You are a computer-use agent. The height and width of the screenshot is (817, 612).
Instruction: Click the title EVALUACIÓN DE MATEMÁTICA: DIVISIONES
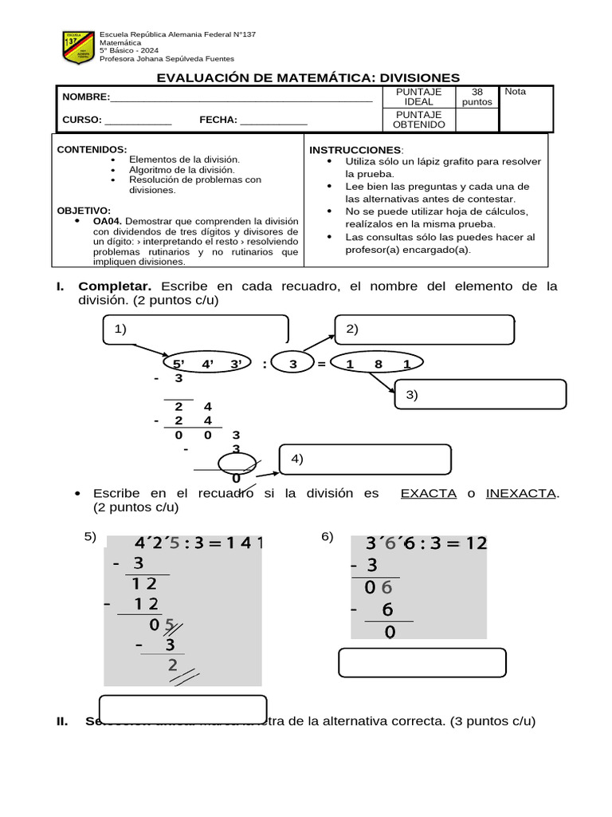pos(308,77)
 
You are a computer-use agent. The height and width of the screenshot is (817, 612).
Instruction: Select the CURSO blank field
pos(138,122)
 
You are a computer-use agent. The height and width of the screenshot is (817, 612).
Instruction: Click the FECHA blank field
pos(273,122)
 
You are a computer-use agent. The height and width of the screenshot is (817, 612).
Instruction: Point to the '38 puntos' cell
pos(477,97)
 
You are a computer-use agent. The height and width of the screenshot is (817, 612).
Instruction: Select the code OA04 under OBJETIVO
pos(108,220)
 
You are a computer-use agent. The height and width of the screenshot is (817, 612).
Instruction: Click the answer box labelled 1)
pos(196,330)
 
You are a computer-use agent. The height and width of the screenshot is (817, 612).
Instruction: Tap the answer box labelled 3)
pos(480,394)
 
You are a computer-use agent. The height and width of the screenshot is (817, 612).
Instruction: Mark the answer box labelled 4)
pos(365,459)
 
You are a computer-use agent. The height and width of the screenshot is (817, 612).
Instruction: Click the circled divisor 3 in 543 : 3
pos(292,365)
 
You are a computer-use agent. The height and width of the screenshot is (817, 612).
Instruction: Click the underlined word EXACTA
pos(428,493)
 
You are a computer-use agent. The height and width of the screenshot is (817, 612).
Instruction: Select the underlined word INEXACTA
pos(520,493)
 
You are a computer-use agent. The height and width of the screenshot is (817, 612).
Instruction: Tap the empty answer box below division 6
pos(422,662)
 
